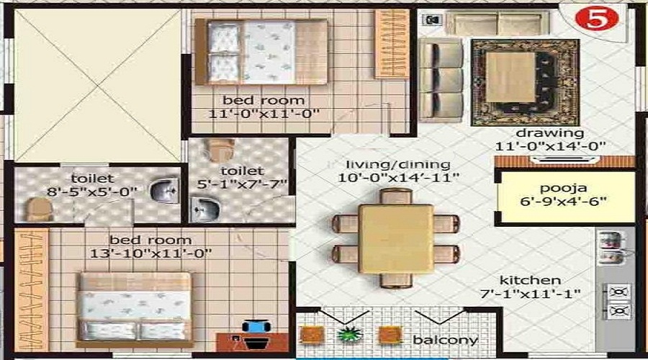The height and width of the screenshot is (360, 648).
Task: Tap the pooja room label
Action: point(567,186)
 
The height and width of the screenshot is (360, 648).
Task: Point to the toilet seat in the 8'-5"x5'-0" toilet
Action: point(38,209)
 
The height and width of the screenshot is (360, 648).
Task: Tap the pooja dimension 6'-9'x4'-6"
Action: point(567,201)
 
